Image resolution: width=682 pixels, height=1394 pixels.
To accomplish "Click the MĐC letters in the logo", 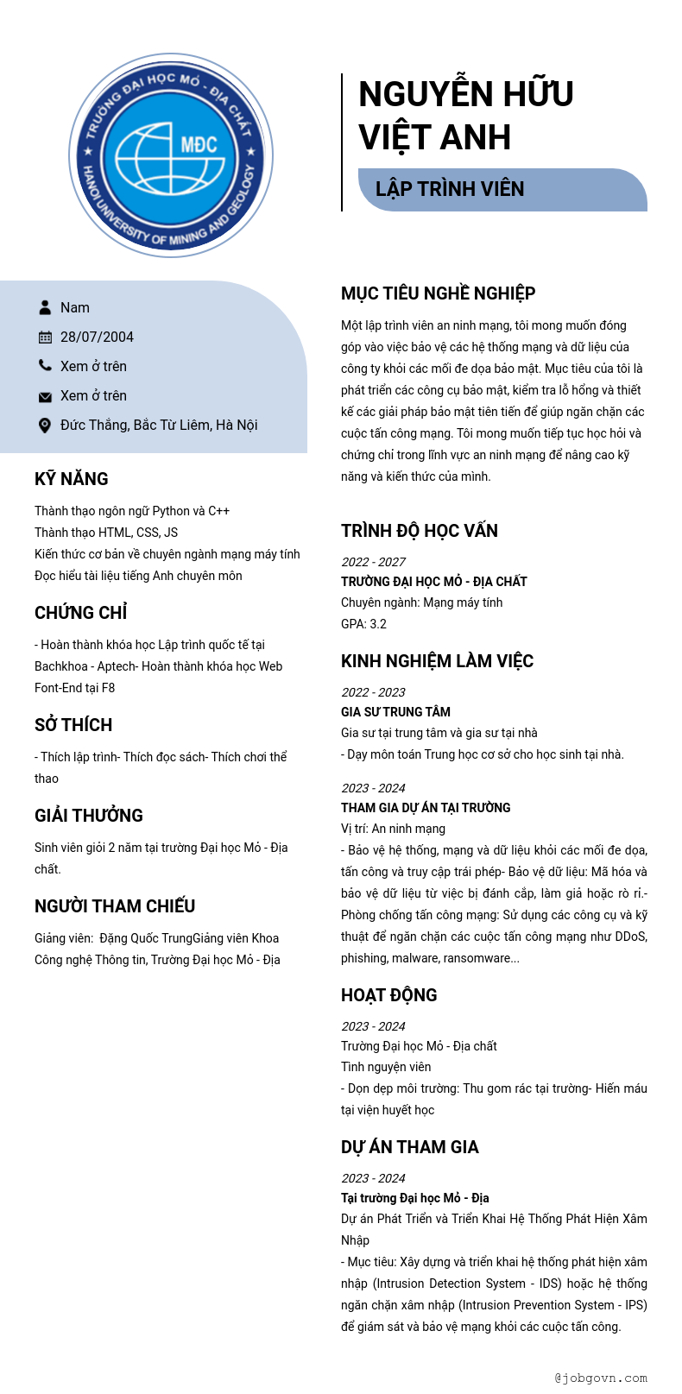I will point(199,144).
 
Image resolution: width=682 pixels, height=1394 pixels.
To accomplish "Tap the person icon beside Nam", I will point(45,307).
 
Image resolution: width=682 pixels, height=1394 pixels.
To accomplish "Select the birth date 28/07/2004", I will point(97,337).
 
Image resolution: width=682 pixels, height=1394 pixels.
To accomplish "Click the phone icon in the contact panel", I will point(45,366).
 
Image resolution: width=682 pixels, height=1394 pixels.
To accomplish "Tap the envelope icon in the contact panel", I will point(45,396).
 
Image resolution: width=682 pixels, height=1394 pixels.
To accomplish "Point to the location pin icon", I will point(45,425).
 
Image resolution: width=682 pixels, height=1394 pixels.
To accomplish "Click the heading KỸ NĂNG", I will point(72,479).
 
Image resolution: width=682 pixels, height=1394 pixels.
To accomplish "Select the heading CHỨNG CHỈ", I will point(81,613).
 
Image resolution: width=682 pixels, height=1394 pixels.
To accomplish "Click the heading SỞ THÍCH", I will point(73,725).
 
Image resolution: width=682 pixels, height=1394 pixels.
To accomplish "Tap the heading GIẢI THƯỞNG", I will point(89,816).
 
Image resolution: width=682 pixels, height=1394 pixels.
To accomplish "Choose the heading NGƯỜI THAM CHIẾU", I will point(115,906).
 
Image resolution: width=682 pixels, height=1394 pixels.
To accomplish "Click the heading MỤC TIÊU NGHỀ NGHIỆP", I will point(438,293).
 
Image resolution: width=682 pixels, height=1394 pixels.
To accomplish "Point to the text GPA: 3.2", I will point(363,624).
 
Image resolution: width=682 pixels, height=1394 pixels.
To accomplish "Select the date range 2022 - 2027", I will point(373,562).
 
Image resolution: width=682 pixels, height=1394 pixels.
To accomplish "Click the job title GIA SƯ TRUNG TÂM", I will point(395,712).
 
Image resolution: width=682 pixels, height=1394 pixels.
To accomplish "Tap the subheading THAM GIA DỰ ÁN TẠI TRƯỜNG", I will point(426,808).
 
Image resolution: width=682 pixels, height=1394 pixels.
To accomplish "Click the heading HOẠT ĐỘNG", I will point(388,995).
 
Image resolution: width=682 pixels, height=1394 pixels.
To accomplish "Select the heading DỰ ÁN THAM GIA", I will point(409,1147).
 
